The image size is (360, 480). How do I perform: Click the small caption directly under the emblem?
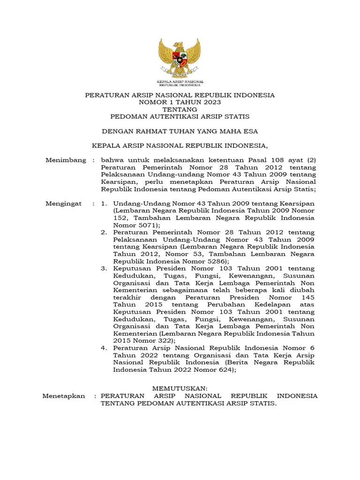coord(180,84)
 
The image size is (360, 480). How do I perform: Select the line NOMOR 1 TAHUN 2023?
coord(180,102)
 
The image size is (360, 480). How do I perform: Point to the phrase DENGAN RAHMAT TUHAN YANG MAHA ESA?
coord(180,131)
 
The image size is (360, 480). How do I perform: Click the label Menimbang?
coord(66,160)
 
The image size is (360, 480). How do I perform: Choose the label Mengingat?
coord(63,203)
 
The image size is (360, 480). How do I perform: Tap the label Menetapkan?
coord(64,396)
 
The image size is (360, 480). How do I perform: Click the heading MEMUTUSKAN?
coord(180,389)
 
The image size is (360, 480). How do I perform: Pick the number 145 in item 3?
coord(308,298)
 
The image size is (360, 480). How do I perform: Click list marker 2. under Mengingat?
coord(104,232)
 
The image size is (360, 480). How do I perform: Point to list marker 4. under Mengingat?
coord(104,348)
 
